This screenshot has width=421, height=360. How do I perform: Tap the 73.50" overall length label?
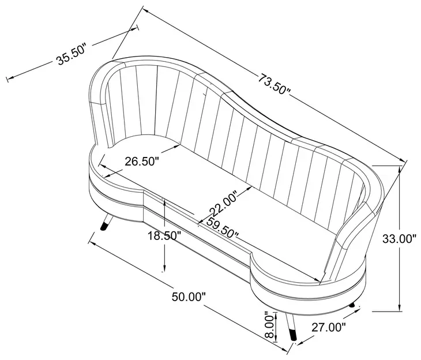(x=274, y=84)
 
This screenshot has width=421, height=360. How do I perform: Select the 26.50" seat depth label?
(x=142, y=162)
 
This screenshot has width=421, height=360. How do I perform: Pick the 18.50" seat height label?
(x=164, y=236)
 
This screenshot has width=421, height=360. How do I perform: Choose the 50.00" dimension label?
(x=189, y=297)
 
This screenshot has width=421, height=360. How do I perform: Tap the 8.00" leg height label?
(x=269, y=325)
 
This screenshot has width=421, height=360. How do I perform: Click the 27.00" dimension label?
(x=328, y=327)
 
